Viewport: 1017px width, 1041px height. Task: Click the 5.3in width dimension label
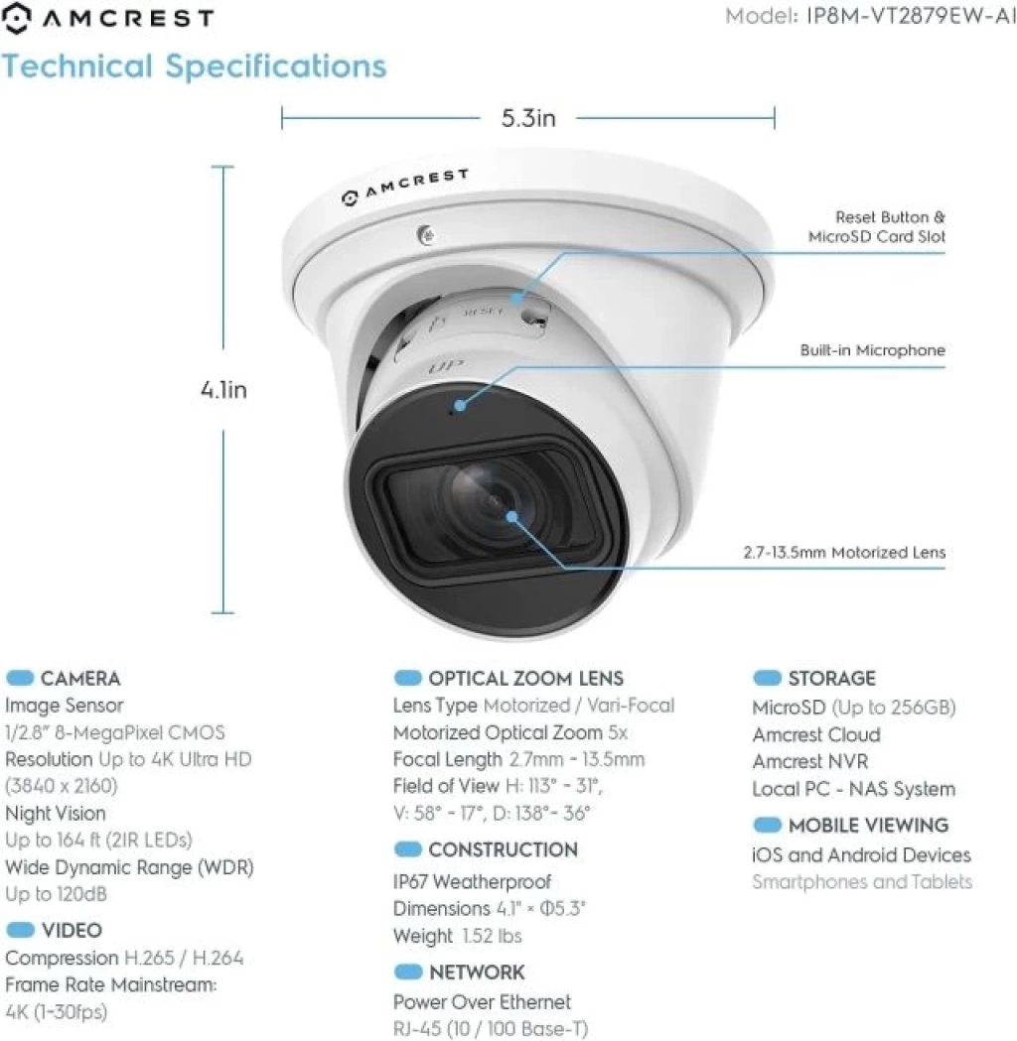[x=528, y=118]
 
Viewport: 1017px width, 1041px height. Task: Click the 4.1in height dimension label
[x=223, y=390]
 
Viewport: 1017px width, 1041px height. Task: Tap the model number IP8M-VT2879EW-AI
[x=911, y=16]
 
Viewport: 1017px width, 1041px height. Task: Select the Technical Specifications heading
[x=194, y=66]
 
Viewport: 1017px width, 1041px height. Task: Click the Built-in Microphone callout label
[x=872, y=350]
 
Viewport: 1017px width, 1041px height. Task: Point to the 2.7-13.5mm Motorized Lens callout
[x=843, y=553]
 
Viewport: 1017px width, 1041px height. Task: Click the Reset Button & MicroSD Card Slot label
[x=876, y=226]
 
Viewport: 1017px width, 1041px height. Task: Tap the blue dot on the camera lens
[x=511, y=516]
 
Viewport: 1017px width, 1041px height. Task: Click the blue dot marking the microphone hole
[x=460, y=404]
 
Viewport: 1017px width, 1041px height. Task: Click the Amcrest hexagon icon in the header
[x=17, y=18]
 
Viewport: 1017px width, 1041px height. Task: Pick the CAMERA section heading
[x=80, y=679]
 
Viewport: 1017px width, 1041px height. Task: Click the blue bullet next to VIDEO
[x=20, y=930]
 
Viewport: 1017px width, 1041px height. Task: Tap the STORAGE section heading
[x=831, y=678]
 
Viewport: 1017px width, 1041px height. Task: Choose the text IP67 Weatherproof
[x=472, y=881]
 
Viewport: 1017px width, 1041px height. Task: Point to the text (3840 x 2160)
[x=62, y=786]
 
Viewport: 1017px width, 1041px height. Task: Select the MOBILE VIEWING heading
[x=868, y=826]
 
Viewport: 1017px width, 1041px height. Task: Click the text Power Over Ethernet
[x=483, y=1001]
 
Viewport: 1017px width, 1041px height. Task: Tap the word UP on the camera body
[x=446, y=366]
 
